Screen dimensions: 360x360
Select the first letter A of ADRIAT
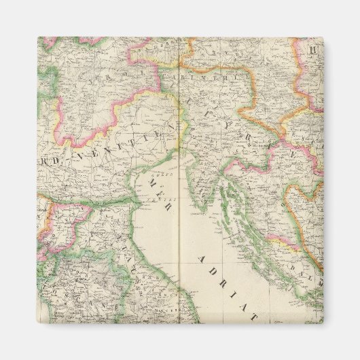[202, 259]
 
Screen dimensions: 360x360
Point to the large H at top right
[314, 50]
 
